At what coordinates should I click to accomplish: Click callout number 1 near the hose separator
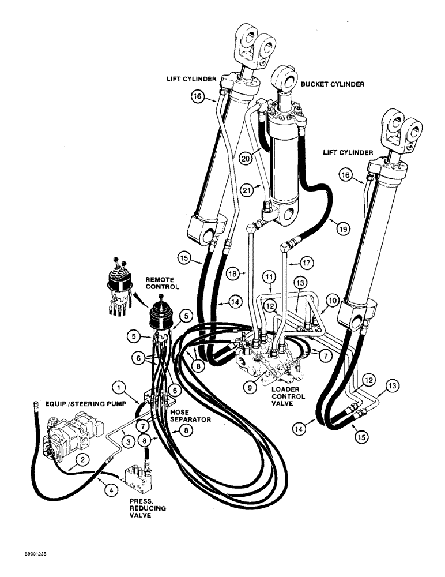point(118,386)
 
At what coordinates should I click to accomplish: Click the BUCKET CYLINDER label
point(331,84)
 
